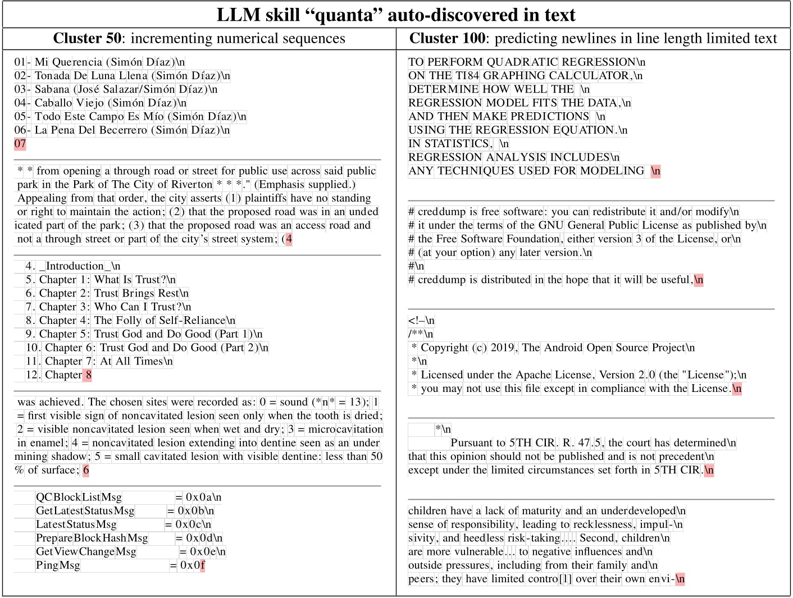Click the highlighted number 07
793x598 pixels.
[20, 144]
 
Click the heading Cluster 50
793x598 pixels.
[87, 38]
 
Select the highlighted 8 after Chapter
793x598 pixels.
[88, 375]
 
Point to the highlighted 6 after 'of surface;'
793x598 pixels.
[86, 470]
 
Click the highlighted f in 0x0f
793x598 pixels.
[203, 565]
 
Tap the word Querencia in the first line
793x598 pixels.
[78, 62]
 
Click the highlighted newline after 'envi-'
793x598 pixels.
[680, 579]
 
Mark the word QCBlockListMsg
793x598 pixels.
[79, 497]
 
